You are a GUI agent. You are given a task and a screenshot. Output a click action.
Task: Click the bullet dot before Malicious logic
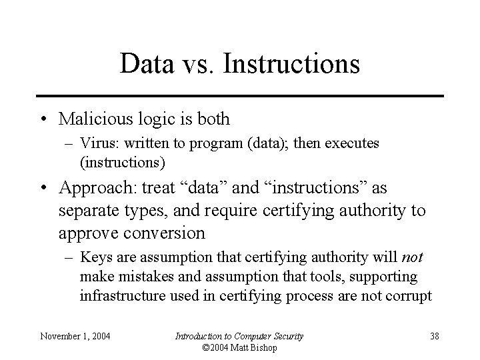[x=43, y=120]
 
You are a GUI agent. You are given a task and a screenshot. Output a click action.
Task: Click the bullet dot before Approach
[x=43, y=189]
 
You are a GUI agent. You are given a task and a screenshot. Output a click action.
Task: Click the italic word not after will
[x=412, y=257]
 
